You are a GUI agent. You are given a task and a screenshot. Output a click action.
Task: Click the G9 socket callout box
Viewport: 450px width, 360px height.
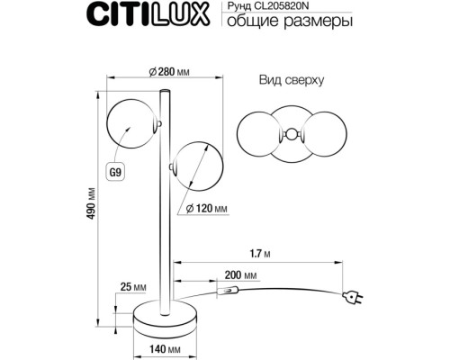[115, 169]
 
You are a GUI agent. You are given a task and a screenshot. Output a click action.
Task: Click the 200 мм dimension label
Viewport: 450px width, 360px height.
[238, 273]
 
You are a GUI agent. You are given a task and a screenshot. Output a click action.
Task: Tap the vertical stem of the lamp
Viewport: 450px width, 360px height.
[163, 234]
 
